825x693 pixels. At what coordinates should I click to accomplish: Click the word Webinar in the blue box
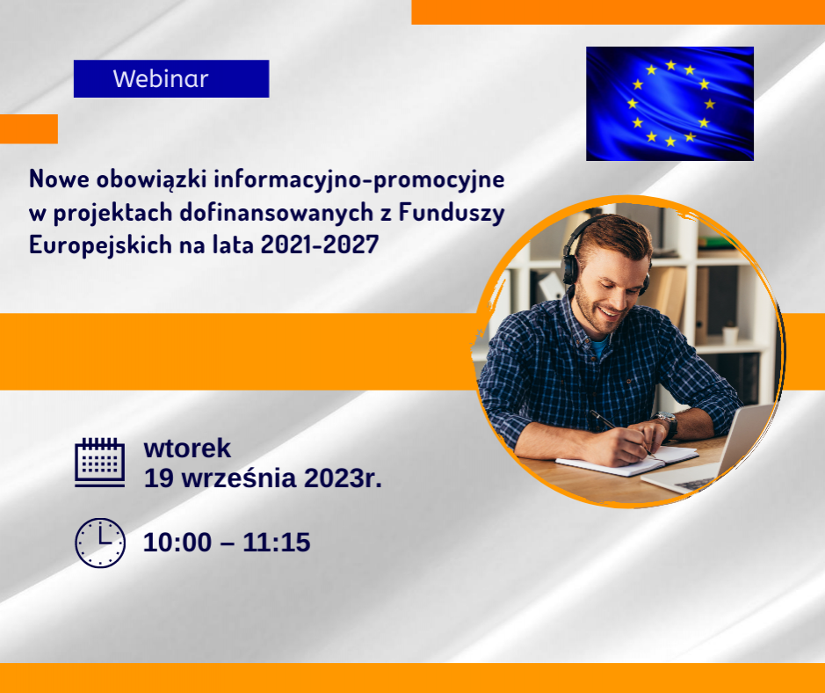(x=161, y=79)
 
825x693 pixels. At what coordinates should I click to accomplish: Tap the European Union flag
(x=669, y=104)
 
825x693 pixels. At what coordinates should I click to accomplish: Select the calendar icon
(x=100, y=463)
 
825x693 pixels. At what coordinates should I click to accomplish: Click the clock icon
(x=100, y=543)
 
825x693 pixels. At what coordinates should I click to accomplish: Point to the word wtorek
(x=187, y=449)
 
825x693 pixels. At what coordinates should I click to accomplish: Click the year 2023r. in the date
(x=343, y=478)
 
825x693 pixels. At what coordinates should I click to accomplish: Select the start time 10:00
(x=177, y=543)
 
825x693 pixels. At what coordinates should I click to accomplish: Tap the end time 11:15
(x=276, y=543)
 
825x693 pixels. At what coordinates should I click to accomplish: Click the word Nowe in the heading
(x=59, y=179)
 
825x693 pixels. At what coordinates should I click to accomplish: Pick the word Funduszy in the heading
(x=452, y=213)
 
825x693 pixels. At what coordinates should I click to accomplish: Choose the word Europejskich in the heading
(x=100, y=245)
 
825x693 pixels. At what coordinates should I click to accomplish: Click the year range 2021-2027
(x=320, y=244)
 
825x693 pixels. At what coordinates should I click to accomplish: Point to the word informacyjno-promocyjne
(x=358, y=180)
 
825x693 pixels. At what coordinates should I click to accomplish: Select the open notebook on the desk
(x=627, y=460)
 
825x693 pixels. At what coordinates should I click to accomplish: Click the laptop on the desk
(x=710, y=453)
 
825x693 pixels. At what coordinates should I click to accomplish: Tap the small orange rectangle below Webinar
(x=29, y=129)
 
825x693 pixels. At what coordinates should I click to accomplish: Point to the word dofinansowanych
(x=277, y=213)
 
